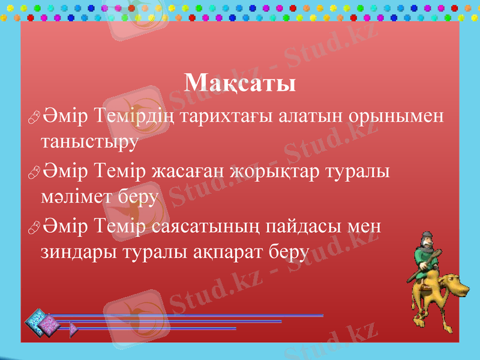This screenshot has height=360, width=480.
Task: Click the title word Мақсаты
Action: (240, 83)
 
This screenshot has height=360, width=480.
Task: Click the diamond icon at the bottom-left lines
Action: (38, 323)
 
